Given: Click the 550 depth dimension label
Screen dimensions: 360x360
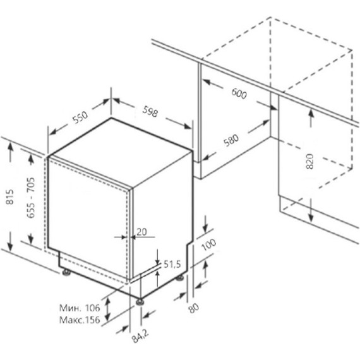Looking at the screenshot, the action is (x=80, y=117).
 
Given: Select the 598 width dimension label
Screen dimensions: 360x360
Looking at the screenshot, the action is (x=150, y=111).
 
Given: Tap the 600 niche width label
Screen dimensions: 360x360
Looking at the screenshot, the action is (x=239, y=93).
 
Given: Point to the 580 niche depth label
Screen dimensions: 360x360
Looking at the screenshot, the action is (x=231, y=140).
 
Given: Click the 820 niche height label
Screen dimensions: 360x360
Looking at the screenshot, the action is (x=309, y=162).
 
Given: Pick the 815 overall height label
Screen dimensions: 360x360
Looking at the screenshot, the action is (x=9, y=197).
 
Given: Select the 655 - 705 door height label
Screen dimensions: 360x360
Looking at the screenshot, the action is (x=30, y=198).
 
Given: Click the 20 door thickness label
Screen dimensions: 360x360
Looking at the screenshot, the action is (x=141, y=232).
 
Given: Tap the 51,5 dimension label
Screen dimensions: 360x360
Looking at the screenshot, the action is (x=172, y=265).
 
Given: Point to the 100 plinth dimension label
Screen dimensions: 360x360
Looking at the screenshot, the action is (x=208, y=245).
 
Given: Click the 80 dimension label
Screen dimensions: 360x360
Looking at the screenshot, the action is (x=193, y=308).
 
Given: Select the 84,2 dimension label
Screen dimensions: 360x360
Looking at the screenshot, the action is (x=140, y=336).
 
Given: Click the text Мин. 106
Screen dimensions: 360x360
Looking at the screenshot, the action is (x=80, y=308).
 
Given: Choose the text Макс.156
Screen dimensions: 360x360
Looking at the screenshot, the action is (x=80, y=320).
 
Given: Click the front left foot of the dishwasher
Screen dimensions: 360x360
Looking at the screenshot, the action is (x=66, y=272).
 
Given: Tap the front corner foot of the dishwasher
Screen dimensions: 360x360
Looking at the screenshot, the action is (x=140, y=302).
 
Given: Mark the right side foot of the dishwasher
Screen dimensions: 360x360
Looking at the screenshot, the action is (x=180, y=277).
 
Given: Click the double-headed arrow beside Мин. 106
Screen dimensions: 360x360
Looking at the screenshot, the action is (x=107, y=309).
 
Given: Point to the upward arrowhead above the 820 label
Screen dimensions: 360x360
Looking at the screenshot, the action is (x=311, y=113).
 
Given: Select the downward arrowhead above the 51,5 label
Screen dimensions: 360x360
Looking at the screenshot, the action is (x=157, y=261).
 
